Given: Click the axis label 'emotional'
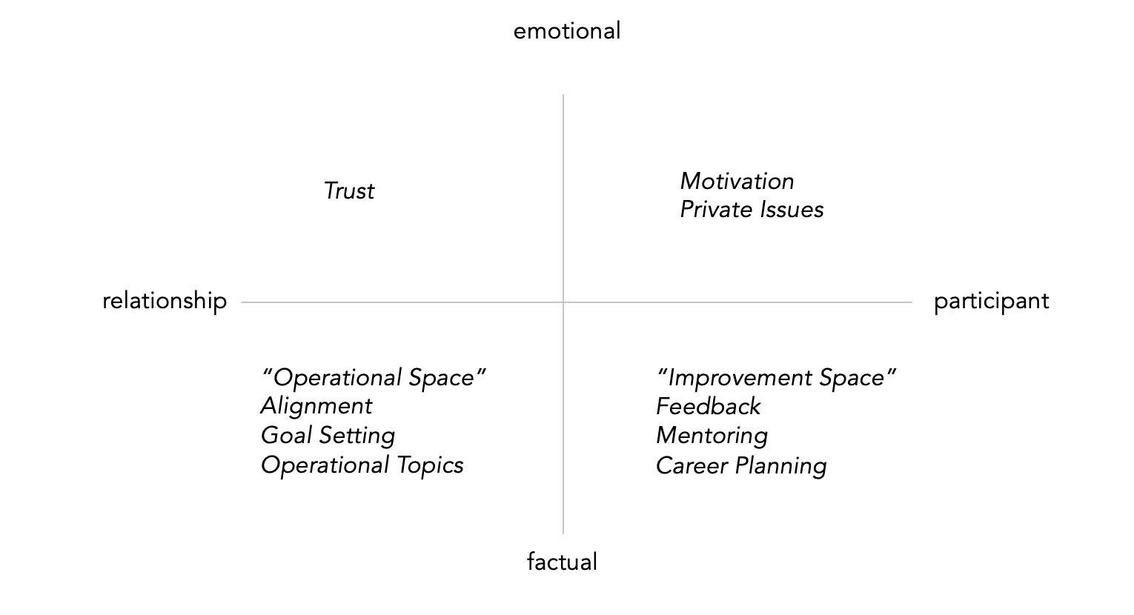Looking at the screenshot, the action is pyautogui.click(x=567, y=31).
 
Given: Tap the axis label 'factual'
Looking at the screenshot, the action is pyautogui.click(x=562, y=562).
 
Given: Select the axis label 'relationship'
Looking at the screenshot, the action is pyautogui.click(x=165, y=301).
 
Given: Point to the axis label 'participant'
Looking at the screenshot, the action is pyautogui.click(x=991, y=301).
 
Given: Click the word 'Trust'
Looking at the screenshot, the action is pyautogui.click(x=349, y=191).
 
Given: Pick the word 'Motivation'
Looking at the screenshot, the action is pyautogui.click(x=737, y=182).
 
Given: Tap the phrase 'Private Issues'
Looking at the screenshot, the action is pyautogui.click(x=752, y=210).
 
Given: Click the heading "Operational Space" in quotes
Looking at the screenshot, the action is pyautogui.click(x=374, y=378).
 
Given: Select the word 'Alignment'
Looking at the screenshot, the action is pyautogui.click(x=316, y=406).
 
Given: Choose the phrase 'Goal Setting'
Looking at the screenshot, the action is pyautogui.click(x=328, y=436).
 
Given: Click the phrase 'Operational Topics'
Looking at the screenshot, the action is pyautogui.click(x=362, y=465).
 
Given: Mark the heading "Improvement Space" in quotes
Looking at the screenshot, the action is pyautogui.click(x=777, y=378).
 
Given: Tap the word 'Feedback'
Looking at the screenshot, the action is pyautogui.click(x=708, y=406).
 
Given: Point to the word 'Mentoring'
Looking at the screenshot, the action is pyautogui.click(x=712, y=436).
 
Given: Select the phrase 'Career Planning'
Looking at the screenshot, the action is pyautogui.click(x=741, y=466).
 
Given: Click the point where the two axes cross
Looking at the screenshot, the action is pyautogui.click(x=563, y=302).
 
